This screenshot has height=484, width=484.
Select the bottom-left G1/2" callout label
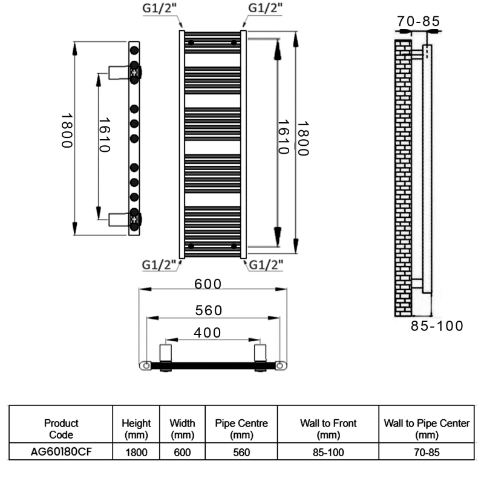click(x=159, y=264)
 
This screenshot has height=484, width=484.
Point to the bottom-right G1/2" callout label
click(x=267, y=264)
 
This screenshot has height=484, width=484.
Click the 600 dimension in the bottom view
click(x=208, y=284)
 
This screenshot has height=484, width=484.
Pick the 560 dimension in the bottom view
click(x=208, y=310)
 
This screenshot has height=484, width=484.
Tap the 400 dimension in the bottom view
click(x=208, y=332)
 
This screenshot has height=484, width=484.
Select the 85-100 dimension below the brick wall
click(x=437, y=326)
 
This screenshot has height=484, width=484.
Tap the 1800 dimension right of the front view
click(x=302, y=139)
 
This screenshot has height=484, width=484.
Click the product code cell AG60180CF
click(x=62, y=451)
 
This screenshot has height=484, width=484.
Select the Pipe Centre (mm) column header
click(x=241, y=429)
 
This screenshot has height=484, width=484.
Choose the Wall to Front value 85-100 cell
click(x=329, y=451)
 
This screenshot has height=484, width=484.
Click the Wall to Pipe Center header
click(x=427, y=429)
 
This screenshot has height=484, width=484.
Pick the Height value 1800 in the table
click(x=137, y=451)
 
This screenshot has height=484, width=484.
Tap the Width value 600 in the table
click(x=181, y=451)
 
